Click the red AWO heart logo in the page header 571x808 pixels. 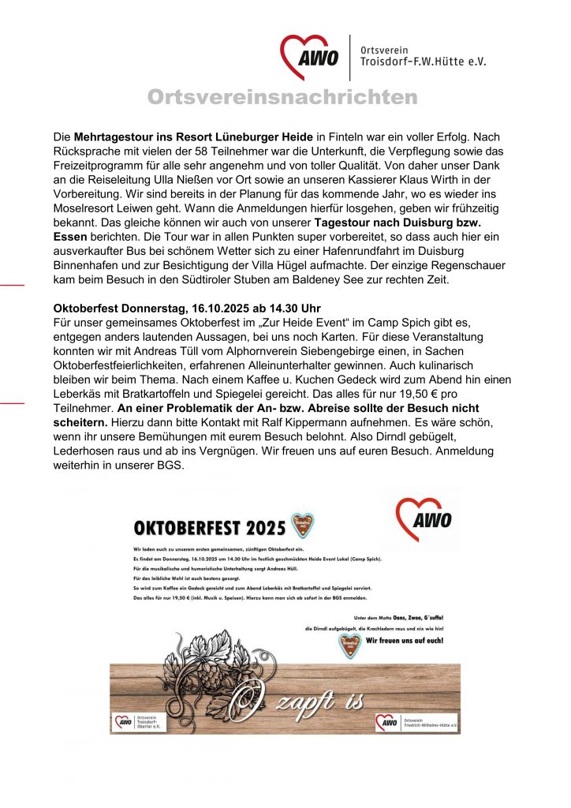310,57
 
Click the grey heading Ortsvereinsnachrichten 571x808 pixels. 282,97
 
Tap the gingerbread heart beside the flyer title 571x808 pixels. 304,524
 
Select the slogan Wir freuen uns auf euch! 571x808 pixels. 404,641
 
